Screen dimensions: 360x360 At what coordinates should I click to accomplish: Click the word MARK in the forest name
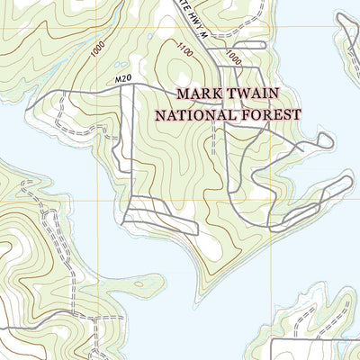coord(197,93)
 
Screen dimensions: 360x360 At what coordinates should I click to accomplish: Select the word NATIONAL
coord(195,114)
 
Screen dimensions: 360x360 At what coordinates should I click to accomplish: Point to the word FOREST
coord(268,114)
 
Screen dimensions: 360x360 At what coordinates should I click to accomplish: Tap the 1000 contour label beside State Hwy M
coord(233,56)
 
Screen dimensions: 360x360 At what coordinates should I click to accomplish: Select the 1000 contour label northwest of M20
coord(96,50)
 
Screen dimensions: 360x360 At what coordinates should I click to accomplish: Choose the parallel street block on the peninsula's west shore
coord(144,211)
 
